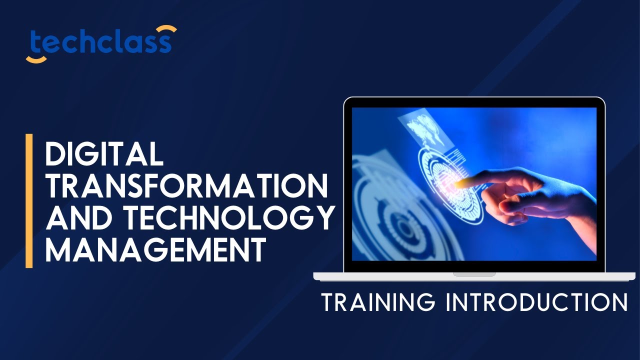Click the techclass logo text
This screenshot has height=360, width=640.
coord(100,42)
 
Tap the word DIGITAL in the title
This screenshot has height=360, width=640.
coord(104,154)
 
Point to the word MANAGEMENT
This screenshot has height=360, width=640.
coord(155,250)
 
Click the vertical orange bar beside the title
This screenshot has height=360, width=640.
coord(29,200)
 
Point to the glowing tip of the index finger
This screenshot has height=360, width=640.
coord(457,183)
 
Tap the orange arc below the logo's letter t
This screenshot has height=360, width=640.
coord(36,60)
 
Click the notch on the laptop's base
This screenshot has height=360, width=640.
coord(474,274)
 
